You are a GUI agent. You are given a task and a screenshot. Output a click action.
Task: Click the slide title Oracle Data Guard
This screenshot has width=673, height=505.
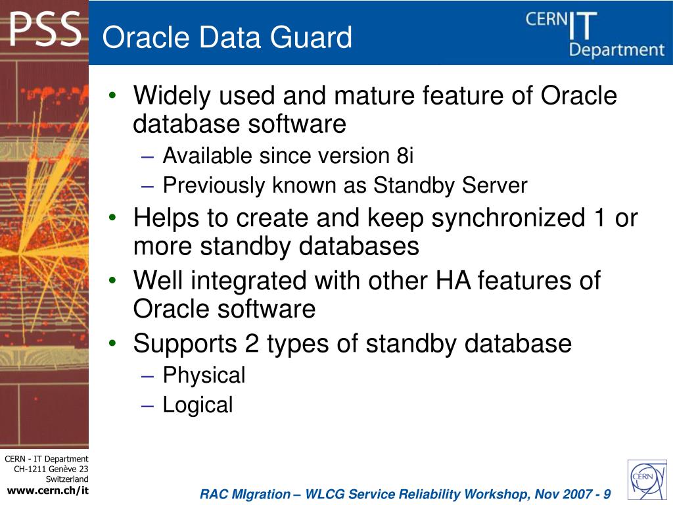coord(227,37)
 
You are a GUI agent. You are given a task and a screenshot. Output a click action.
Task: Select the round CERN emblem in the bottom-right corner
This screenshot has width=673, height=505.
coord(647,479)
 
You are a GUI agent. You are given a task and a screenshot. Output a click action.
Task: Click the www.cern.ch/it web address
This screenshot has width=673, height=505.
coord(47,491)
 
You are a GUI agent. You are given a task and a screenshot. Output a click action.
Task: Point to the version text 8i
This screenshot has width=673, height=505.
coord(405,156)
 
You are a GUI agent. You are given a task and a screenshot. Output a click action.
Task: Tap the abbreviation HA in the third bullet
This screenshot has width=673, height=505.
coord(453,281)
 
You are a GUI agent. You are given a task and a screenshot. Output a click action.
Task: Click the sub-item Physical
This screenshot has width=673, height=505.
coord(204,375)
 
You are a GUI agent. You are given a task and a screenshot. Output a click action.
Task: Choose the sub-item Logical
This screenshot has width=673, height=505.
coord(197,405)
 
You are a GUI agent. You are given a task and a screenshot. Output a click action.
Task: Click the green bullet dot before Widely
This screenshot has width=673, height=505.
coord(114,96)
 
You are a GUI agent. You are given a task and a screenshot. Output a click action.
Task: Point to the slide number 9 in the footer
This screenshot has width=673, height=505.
coord(606,494)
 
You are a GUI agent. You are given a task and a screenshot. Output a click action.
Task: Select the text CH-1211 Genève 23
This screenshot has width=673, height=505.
coord(51,469)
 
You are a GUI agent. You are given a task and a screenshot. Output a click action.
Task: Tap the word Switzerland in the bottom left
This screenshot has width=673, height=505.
coord(66,479)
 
